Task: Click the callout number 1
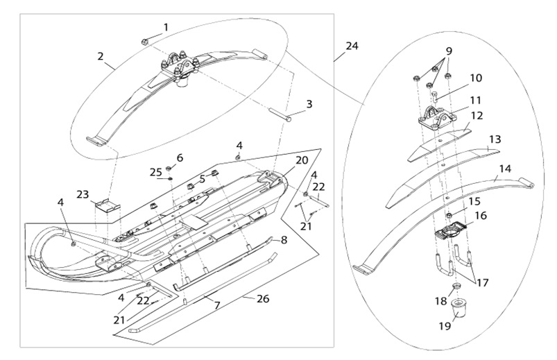166,27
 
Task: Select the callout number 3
309,104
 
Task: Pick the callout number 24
352,46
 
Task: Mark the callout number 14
505,169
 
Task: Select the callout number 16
480,216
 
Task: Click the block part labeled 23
108,207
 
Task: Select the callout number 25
156,171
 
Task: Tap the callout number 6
180,158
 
